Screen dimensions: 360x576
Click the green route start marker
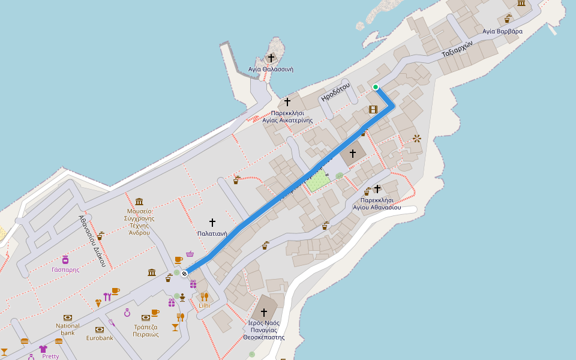coord(376,87)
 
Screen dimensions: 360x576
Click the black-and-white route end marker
coord(185,274)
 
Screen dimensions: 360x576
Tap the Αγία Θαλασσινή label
coord(271,69)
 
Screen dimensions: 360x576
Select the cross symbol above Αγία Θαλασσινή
coord(271,58)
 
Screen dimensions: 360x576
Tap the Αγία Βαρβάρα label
coord(502,31)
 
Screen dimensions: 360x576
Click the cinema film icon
coord(374,109)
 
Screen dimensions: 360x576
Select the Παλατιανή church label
coord(212,233)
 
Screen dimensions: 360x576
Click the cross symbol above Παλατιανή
coord(212,223)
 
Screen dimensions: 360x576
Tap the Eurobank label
coord(100,338)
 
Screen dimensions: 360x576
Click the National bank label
coord(68,329)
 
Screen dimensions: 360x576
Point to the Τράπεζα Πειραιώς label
coord(146,331)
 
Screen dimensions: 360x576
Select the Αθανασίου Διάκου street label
coord(92,241)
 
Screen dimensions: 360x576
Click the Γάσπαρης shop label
coord(65,270)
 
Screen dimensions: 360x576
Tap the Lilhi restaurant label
coord(204,305)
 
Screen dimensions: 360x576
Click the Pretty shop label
coord(50,356)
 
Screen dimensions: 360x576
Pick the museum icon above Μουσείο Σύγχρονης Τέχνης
coord(139,201)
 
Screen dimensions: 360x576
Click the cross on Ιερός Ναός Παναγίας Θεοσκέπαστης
coord(263,312)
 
